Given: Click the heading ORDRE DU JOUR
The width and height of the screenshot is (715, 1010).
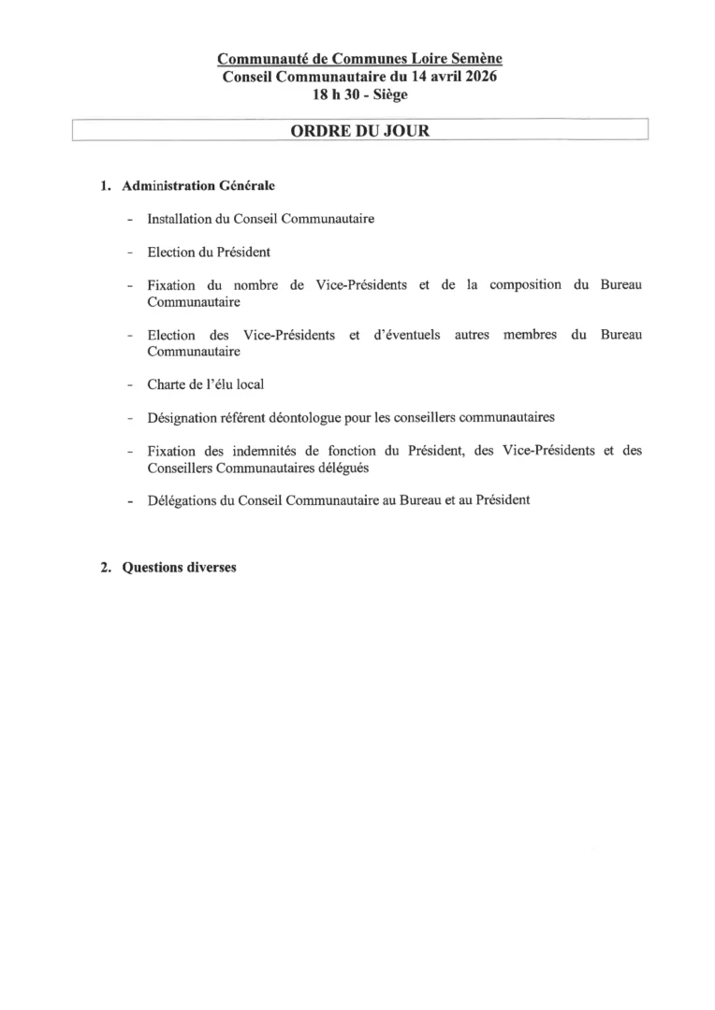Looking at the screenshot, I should tap(360, 131).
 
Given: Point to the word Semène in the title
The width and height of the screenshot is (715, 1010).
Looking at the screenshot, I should tap(477, 60).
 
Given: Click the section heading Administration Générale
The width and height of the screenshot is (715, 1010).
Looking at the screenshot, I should tap(198, 186).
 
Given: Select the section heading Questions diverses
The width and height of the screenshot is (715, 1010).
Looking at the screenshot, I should tap(180, 568).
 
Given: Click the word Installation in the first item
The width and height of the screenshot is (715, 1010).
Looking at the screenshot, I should tap(180, 219).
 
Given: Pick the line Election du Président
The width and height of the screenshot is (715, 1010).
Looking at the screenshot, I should tap(209, 252).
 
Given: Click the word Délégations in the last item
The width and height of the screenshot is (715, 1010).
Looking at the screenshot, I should tap(182, 499).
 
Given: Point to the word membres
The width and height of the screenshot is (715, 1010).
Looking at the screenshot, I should tap(532, 334).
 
